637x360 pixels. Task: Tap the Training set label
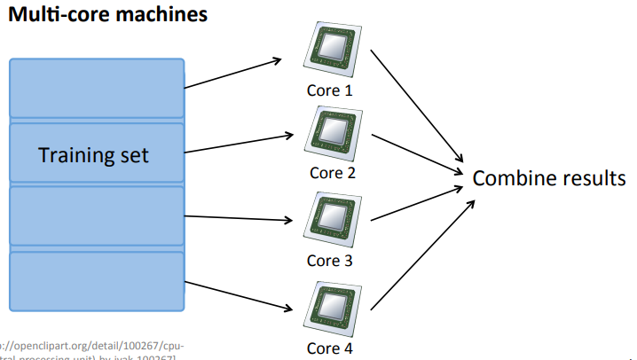pos(93,156)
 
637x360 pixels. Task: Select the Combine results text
pos(548,177)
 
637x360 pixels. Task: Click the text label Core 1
pos(329,90)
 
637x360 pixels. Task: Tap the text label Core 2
pos(333,172)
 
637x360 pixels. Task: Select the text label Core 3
pos(329,261)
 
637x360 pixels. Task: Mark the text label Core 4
pos(330,348)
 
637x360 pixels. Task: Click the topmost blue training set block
pos(96,90)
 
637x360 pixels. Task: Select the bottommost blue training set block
pos(96,280)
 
